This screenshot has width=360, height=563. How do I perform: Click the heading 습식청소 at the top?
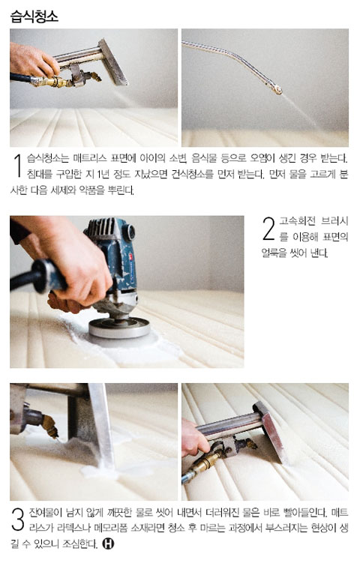coord(34,16)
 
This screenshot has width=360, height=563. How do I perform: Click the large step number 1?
coord(18,166)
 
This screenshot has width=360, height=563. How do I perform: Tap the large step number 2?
coord(268,229)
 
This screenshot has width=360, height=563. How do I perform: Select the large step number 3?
coord(18,519)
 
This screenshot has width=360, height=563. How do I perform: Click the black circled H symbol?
coord(108,544)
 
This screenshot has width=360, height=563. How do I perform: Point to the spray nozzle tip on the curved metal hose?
coord(276,90)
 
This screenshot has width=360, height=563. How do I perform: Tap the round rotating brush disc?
coord(119,328)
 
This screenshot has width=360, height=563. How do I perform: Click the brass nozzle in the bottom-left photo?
coord(50,426)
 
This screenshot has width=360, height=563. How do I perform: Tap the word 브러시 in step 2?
coord(334,221)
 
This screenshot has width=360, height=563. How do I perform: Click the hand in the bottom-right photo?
coord(194,437)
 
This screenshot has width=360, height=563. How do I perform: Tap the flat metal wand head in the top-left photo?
coord(112,61)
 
